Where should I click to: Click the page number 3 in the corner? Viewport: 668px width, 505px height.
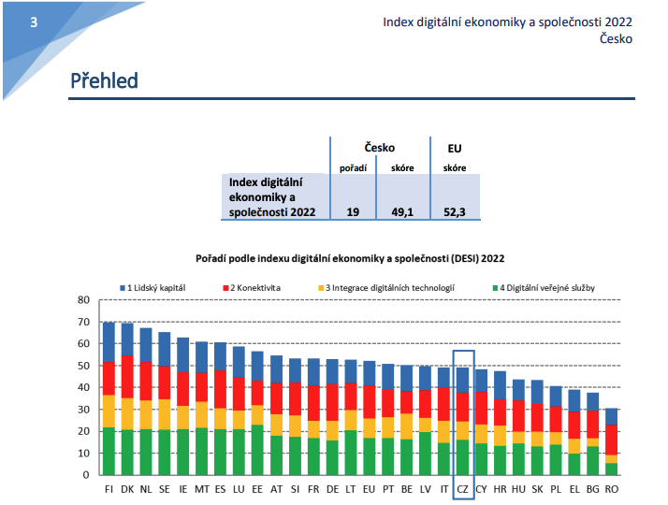coord(34,22)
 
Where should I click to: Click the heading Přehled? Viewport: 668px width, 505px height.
coord(104,81)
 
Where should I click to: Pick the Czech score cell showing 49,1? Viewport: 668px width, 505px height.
coord(403,212)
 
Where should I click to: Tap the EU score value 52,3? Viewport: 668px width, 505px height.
coord(455,212)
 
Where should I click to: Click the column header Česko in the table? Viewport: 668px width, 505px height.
coord(379,148)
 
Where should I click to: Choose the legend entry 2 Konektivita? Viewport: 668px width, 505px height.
coord(254,288)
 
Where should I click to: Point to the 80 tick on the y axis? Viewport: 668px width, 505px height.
coord(82,300)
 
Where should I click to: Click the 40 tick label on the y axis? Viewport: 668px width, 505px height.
coord(82,387)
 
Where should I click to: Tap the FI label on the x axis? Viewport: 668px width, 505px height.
coord(110,488)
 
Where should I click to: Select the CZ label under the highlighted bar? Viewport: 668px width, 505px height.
coord(462,488)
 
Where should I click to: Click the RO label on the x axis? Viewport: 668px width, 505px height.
coord(611,488)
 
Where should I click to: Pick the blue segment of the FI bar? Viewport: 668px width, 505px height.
coord(110,342)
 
